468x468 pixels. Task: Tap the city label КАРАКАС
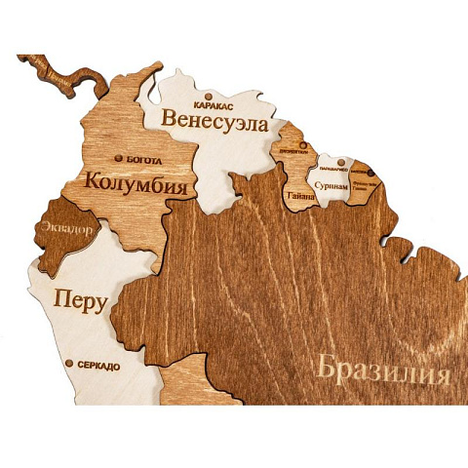pos(214,100)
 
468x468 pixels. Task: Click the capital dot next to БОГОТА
pos(119,157)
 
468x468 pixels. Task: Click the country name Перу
pos(80,299)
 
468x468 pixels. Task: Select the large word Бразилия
pos(383,371)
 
